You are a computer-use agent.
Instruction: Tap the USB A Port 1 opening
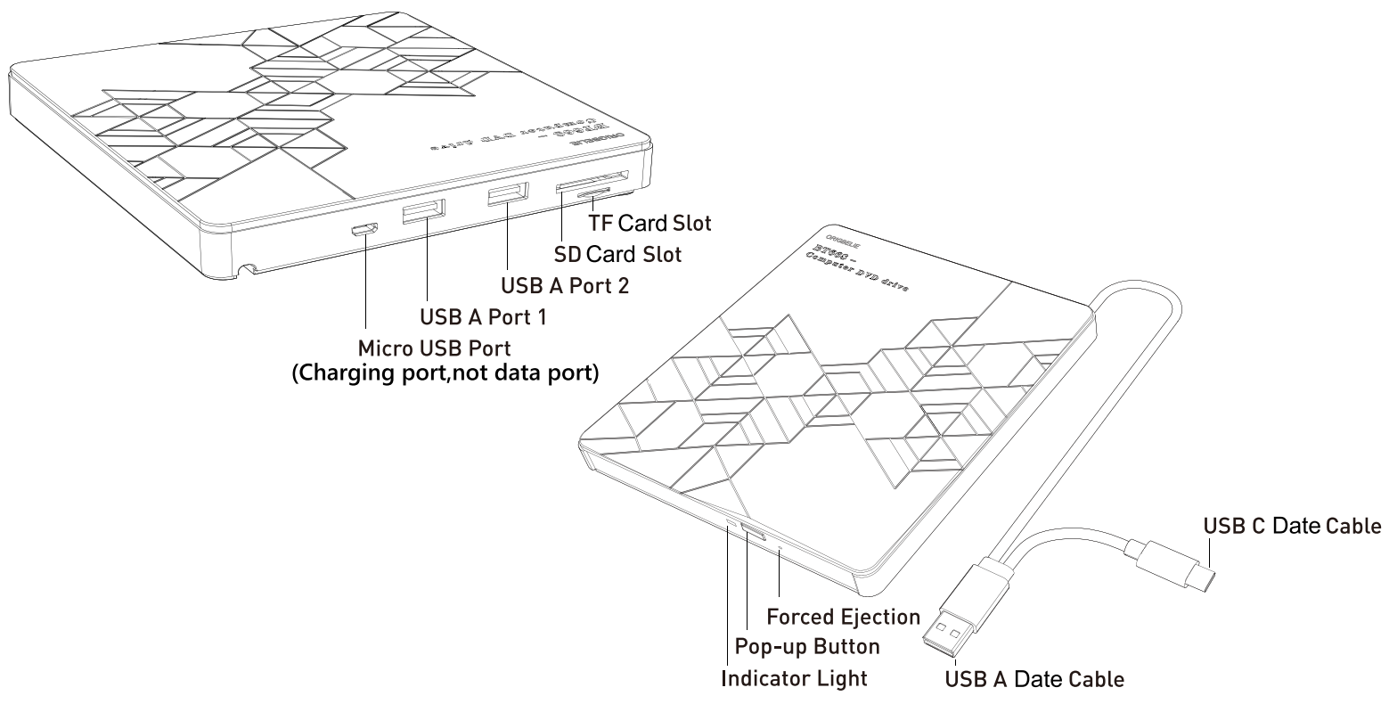coord(423,214)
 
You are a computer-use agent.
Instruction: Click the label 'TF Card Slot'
coord(650,222)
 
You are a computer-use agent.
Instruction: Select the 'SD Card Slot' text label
coord(617,255)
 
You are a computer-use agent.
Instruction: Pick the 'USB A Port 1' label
coord(483,316)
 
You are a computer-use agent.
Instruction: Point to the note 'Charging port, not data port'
coord(445,373)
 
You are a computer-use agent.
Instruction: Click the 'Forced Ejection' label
coord(844,617)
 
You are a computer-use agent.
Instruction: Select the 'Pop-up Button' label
coord(808,646)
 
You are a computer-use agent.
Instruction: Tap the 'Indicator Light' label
coord(794,678)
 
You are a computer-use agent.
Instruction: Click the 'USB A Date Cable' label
coord(1034,680)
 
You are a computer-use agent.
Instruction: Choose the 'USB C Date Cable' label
coord(1292,527)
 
